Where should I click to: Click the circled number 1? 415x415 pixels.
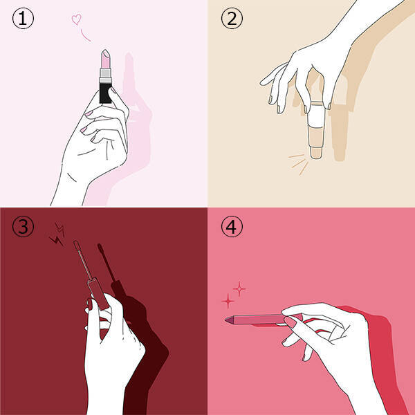(23, 18)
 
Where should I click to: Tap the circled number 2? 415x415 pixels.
(232, 18)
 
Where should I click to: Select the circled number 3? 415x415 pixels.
(23, 227)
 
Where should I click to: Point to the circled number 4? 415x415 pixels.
(232, 227)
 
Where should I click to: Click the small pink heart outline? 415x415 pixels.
(77, 19)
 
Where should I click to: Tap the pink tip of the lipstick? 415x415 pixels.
(105, 59)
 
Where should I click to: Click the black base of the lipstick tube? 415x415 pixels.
(105, 93)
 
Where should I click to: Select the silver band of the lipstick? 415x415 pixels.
(105, 75)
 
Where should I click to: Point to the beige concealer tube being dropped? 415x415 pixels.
(316, 130)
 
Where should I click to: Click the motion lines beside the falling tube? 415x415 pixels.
(299, 163)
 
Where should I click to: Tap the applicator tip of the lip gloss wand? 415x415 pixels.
(77, 245)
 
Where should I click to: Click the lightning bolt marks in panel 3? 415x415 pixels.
(57, 234)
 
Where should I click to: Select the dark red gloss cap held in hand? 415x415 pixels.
(98, 294)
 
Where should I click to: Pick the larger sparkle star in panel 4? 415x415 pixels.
(228, 301)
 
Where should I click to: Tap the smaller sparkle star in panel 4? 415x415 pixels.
(239, 288)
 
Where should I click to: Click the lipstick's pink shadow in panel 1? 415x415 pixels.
(129, 80)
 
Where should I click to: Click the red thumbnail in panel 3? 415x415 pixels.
(90, 304)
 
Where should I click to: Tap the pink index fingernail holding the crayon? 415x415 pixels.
(290, 322)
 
